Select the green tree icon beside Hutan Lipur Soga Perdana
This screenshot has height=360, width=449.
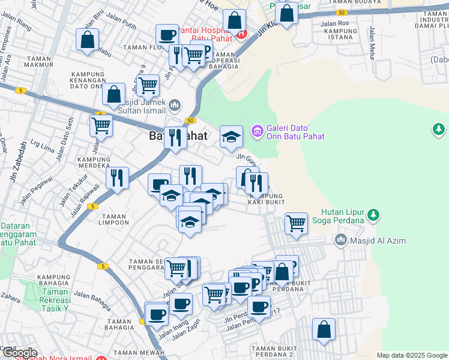[x=373, y=214]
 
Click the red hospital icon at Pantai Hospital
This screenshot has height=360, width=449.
[x=241, y=34]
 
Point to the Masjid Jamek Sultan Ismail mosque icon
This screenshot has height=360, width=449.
[x=175, y=106]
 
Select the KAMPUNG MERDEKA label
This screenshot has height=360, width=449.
[x=94, y=162]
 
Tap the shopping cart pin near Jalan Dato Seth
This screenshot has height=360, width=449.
[x=101, y=126]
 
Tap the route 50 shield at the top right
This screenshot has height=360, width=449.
[x=341, y=12]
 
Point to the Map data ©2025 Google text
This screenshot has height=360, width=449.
[x=412, y=355]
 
